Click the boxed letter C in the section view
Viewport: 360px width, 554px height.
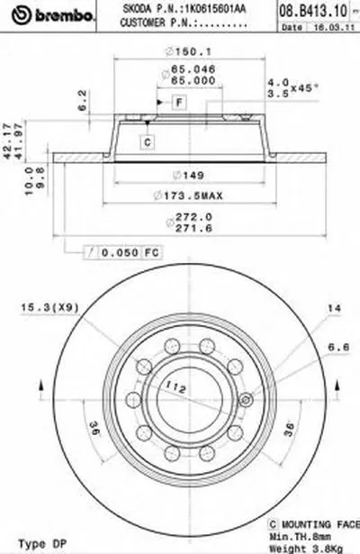tap(146, 140)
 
